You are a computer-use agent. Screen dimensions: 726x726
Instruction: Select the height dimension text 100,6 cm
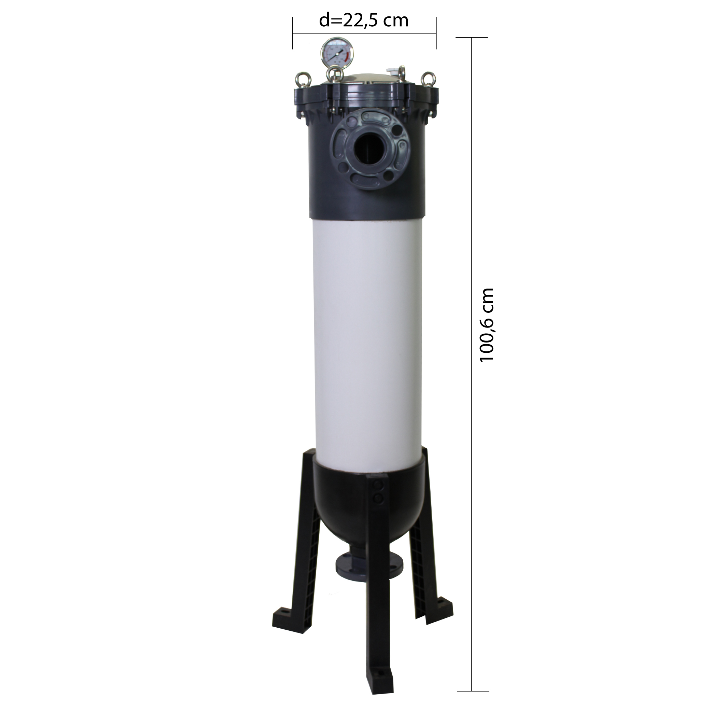tap(487, 325)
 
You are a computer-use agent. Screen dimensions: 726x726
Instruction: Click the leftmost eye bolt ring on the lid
tap(302, 79)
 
